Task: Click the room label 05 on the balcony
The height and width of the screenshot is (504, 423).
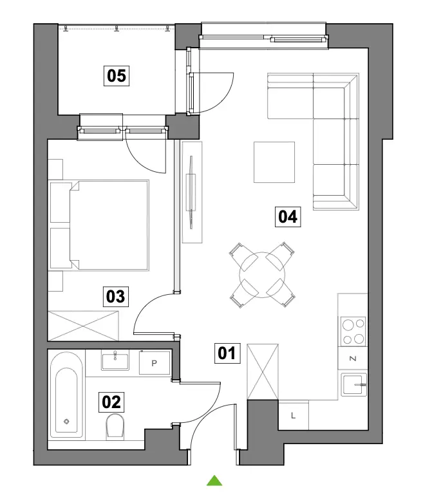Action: point(117,76)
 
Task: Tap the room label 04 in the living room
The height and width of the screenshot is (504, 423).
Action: point(288,217)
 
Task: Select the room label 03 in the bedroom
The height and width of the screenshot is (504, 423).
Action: point(116,296)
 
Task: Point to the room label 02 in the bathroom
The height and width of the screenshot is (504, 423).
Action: point(111,402)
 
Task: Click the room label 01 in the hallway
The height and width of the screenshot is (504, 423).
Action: point(227,353)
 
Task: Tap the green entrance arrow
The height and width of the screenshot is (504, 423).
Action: point(214,480)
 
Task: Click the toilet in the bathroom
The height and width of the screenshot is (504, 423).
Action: point(115,427)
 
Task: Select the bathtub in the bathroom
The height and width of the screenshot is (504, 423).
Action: point(66,395)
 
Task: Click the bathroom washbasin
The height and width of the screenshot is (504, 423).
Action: point(115,360)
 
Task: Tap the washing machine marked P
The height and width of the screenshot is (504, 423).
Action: point(155,363)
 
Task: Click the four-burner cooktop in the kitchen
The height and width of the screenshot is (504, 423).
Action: point(353,331)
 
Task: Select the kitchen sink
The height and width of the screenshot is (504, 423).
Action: point(354,385)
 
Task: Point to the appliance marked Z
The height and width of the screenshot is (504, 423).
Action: point(353,359)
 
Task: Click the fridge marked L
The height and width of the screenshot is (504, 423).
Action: point(294,415)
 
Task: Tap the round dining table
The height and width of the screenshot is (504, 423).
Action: point(262,275)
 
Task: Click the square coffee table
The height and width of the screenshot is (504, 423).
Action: point(274,162)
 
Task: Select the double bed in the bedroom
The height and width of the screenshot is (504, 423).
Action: point(99,225)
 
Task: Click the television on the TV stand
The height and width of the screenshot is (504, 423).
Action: point(191,192)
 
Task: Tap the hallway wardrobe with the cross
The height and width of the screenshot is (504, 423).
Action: point(263,372)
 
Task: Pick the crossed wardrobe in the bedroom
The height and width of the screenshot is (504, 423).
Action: point(83,326)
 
